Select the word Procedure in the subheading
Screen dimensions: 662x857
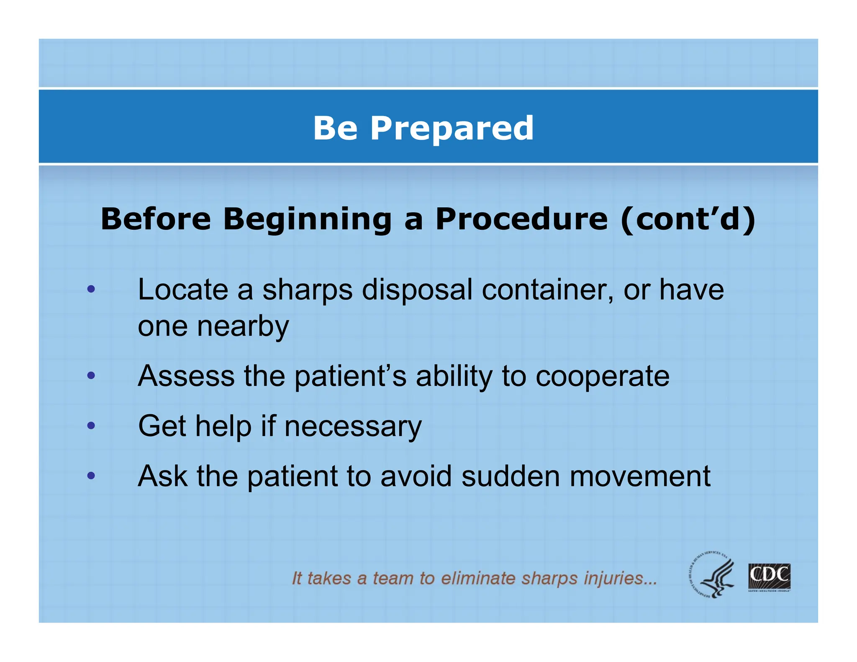tap(521, 219)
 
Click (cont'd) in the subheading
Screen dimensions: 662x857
tap(688, 219)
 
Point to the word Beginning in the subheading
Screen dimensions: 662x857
tap(307, 220)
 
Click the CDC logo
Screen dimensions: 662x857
tap(769, 577)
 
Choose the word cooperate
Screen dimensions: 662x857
tap(602, 377)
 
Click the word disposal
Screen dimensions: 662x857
tap(417, 290)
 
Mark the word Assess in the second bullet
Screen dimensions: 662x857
tap(186, 376)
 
